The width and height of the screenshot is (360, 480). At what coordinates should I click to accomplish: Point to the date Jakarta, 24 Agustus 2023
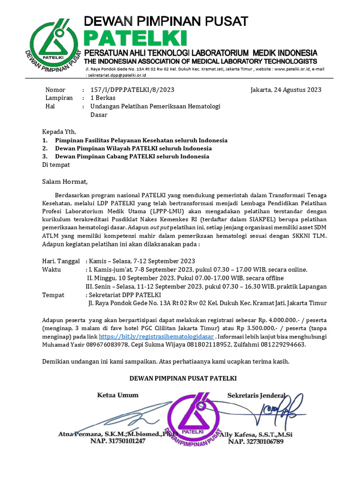point(286,90)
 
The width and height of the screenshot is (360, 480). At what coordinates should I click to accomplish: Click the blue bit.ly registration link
point(157,337)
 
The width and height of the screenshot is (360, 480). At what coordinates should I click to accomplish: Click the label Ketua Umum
point(118,395)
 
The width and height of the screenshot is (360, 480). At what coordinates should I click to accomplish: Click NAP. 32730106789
point(256,441)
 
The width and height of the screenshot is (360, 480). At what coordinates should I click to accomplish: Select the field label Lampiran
point(59,98)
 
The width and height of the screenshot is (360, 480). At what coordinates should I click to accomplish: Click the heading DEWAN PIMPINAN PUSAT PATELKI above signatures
point(183,378)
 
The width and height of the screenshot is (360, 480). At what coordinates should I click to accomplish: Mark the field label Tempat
point(53,295)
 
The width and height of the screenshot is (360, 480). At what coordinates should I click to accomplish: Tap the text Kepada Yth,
point(59,131)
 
